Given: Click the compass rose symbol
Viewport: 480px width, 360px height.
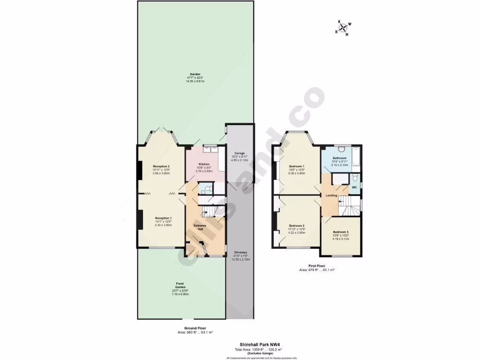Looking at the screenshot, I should point(345,29).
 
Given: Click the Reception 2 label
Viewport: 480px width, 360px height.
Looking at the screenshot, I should point(161,166).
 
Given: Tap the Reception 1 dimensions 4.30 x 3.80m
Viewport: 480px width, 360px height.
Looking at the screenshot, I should point(164,225).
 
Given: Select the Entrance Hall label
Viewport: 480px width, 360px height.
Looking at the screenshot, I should point(200,227).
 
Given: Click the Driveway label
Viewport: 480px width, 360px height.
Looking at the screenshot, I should point(240,253).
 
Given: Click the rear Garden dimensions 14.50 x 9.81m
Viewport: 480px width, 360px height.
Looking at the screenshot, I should point(195,82).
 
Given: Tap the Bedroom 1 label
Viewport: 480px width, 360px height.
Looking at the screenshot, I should point(297,166).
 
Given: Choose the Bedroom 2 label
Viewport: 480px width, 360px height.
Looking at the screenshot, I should point(297,225).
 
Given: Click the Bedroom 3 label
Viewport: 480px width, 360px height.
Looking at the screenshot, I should point(341,232).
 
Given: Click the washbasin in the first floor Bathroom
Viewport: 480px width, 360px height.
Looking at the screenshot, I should point(341,150).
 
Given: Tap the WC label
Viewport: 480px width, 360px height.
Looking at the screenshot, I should point(354,187).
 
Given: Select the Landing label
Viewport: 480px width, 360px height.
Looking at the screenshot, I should point(332,195).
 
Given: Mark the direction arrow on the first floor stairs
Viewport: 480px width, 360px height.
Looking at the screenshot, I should point(339,202).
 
